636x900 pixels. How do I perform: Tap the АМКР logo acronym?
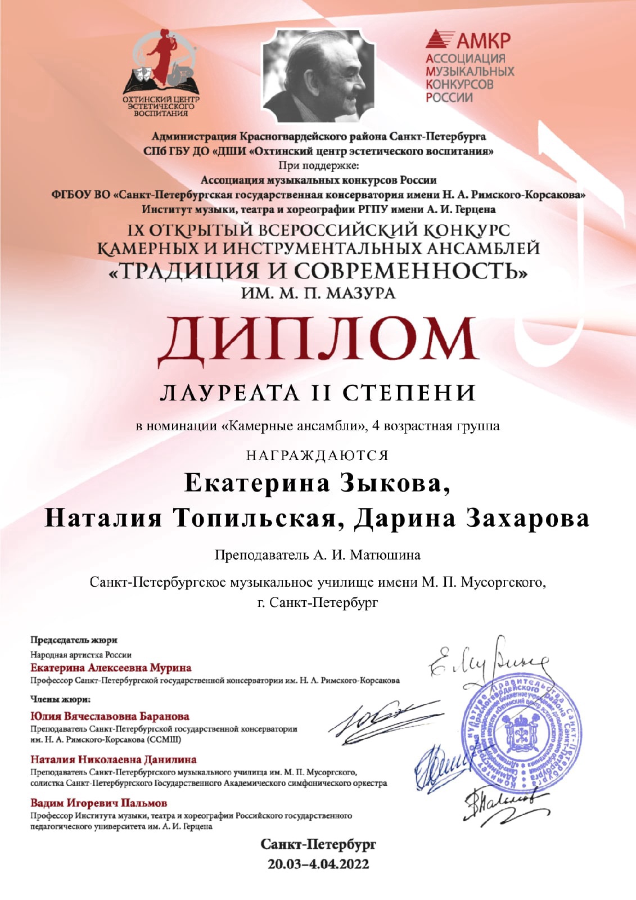pos(482,40)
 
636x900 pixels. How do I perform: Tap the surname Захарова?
pos(527,518)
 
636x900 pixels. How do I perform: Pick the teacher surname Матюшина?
pos(385,555)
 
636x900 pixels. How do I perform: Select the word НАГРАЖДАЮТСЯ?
pos(318,455)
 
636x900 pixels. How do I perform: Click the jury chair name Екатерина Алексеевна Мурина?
pos(111,668)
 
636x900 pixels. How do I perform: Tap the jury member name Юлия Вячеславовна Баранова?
pos(110,716)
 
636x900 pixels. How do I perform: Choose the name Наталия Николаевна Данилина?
pos(113,759)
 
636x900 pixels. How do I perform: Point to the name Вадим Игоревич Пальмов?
pos(98,803)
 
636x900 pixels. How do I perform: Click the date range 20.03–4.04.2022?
pos(318,863)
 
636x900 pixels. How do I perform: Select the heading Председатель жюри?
pos(74,640)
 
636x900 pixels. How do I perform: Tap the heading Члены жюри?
pos(60,700)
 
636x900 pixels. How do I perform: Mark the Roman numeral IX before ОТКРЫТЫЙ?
pos(136,231)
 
